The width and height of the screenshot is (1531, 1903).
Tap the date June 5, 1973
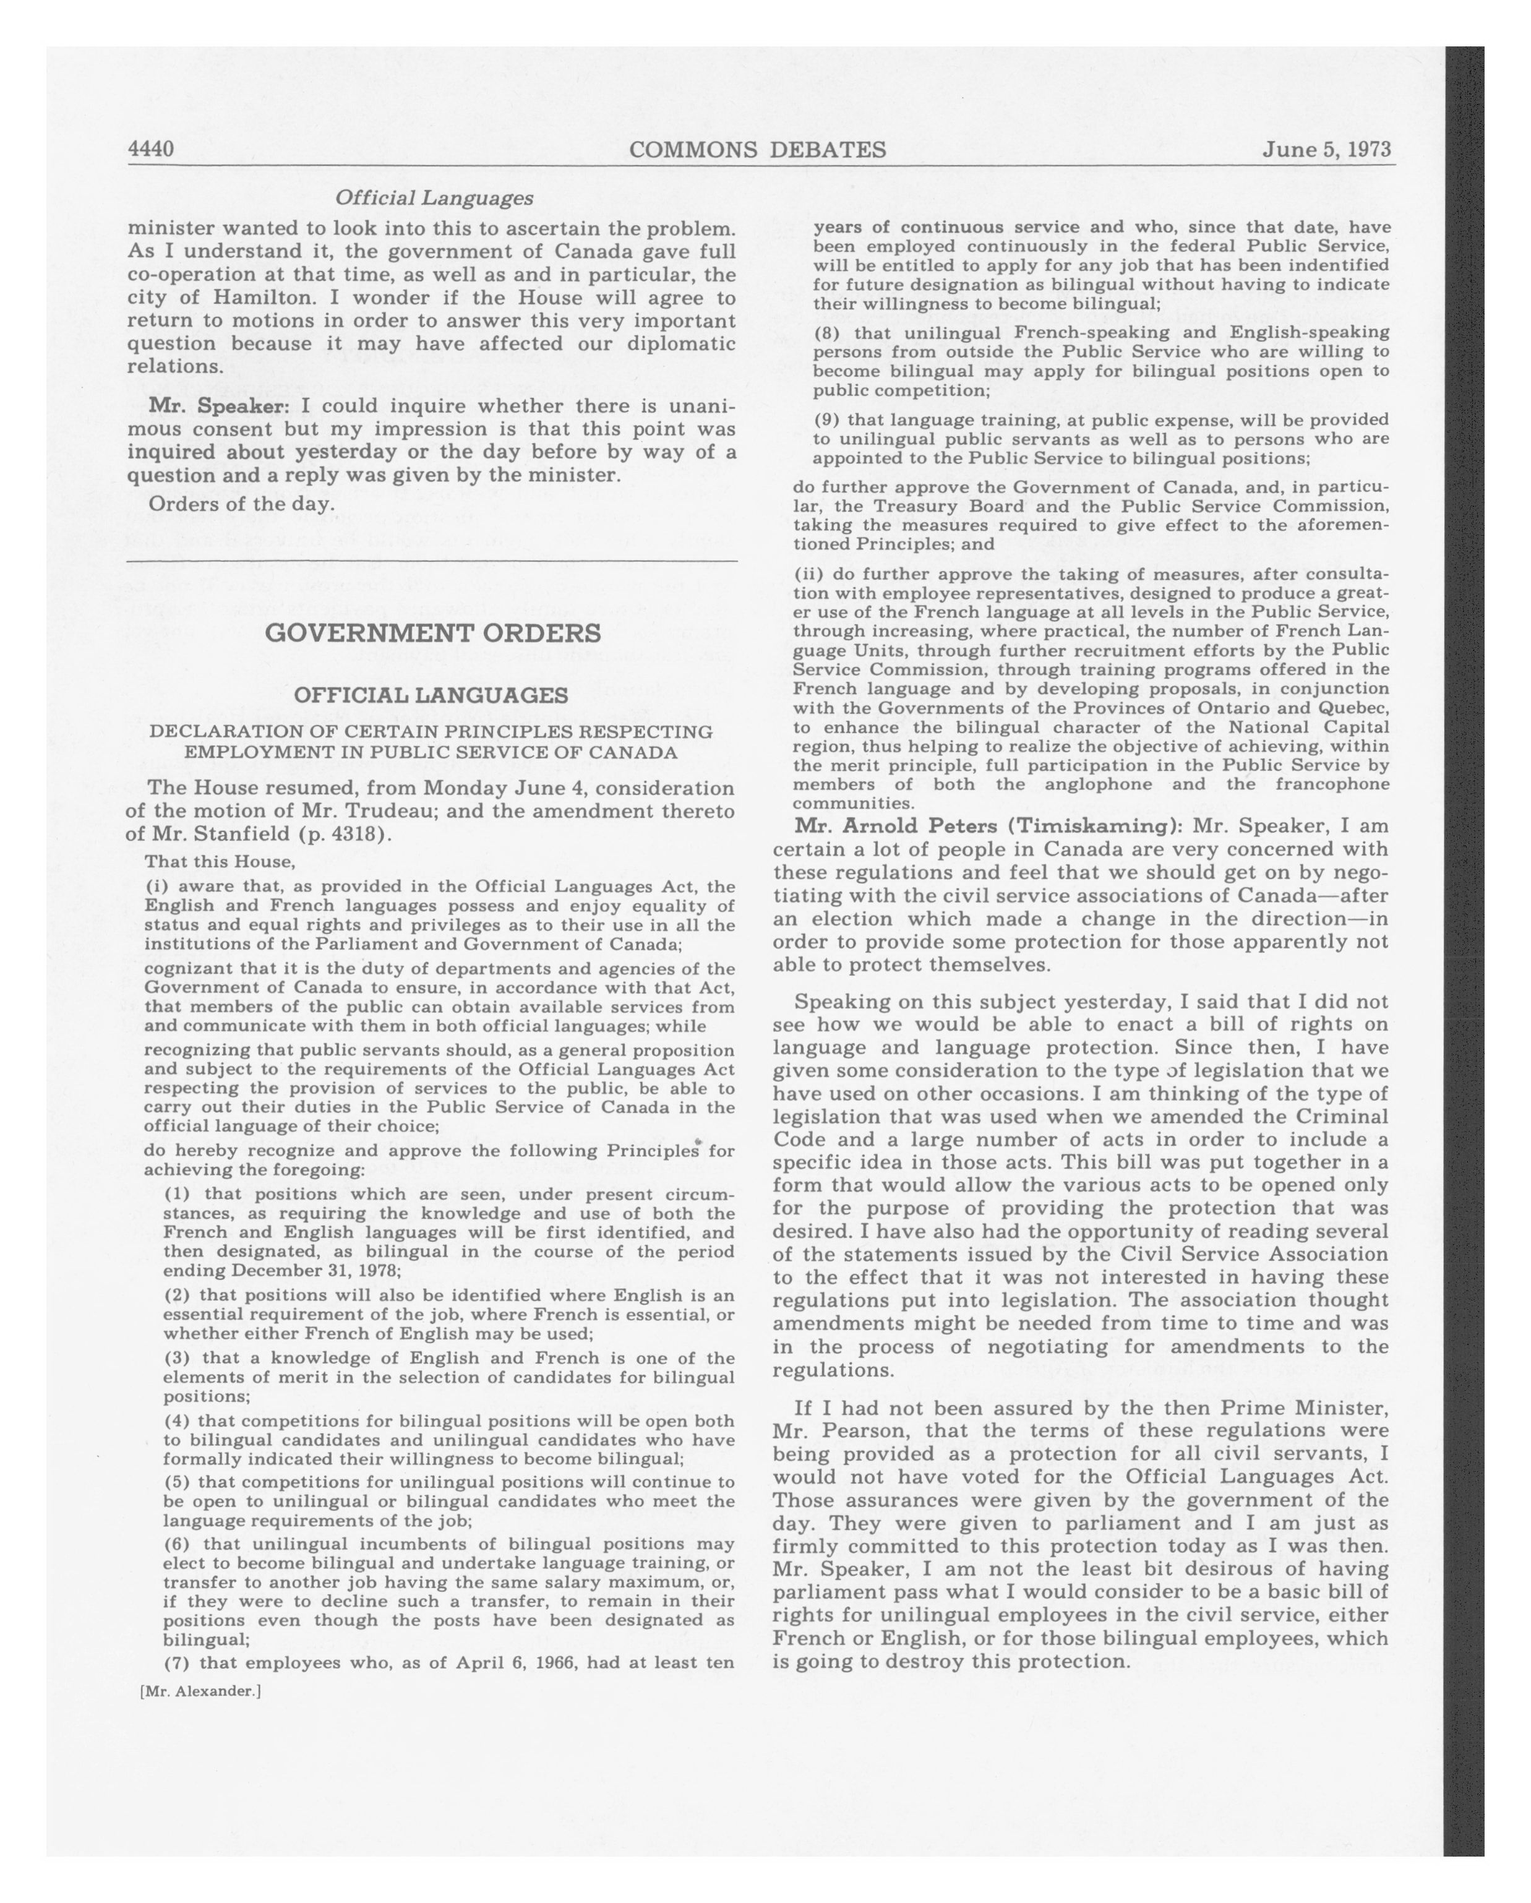click(x=1326, y=148)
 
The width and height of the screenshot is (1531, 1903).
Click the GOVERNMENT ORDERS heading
click(x=432, y=633)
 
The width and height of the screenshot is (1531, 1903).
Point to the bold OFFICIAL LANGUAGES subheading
click(x=431, y=695)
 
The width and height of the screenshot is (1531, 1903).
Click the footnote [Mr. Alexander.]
click(x=200, y=1691)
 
